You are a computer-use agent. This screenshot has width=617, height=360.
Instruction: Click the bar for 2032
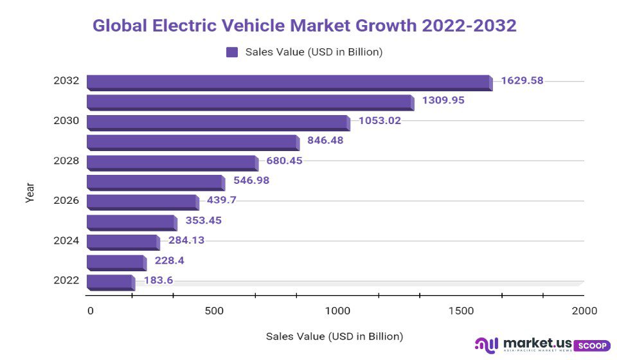point(289,82)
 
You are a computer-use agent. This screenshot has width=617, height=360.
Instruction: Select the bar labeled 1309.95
point(250,102)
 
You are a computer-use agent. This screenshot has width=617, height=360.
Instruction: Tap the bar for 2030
point(218,122)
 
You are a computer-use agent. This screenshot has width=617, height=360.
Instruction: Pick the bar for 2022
point(110,281)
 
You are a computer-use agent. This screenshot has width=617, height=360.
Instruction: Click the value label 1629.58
point(522,81)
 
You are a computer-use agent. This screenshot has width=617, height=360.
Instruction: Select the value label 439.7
point(222,200)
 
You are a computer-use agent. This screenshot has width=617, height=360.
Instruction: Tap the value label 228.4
point(169,260)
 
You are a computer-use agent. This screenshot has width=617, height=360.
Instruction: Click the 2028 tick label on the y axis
point(66,161)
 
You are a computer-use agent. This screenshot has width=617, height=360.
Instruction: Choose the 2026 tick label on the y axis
point(66,201)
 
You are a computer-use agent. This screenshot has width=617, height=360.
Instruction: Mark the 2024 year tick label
point(66,240)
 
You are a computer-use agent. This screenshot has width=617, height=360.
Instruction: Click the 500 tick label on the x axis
point(214,311)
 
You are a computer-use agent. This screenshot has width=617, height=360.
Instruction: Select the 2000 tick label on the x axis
point(584,311)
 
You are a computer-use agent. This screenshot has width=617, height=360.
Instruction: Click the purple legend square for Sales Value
point(232,52)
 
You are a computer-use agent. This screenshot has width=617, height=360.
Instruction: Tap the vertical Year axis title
point(30,193)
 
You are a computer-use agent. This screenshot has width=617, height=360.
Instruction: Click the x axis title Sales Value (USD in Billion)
point(334,336)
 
